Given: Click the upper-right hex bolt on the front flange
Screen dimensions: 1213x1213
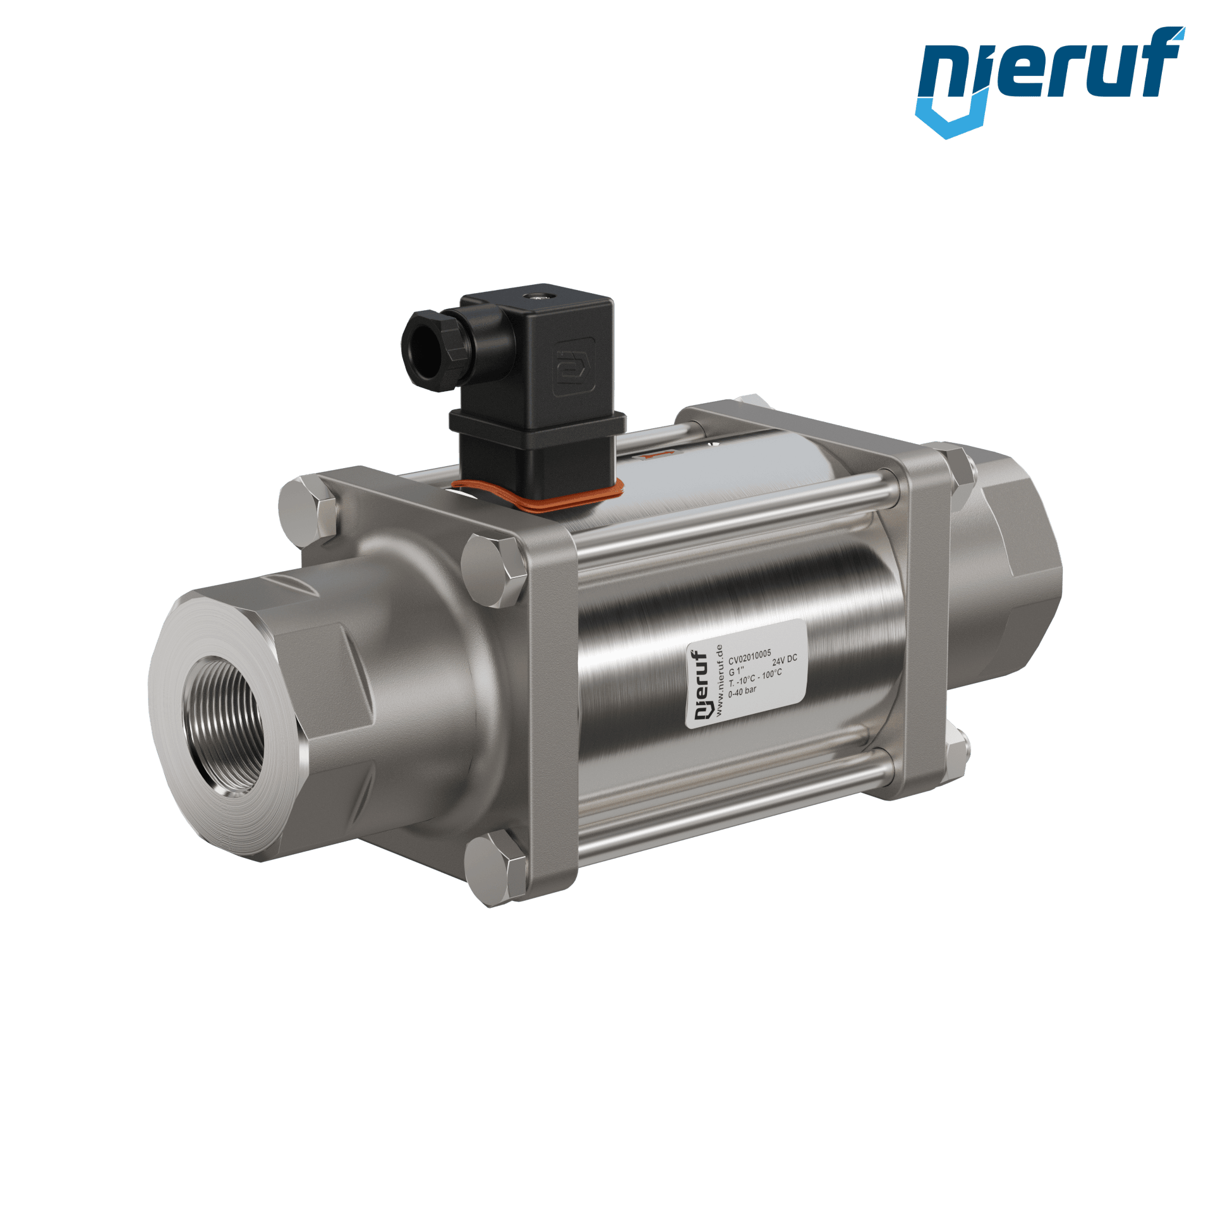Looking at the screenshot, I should click(x=493, y=561).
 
